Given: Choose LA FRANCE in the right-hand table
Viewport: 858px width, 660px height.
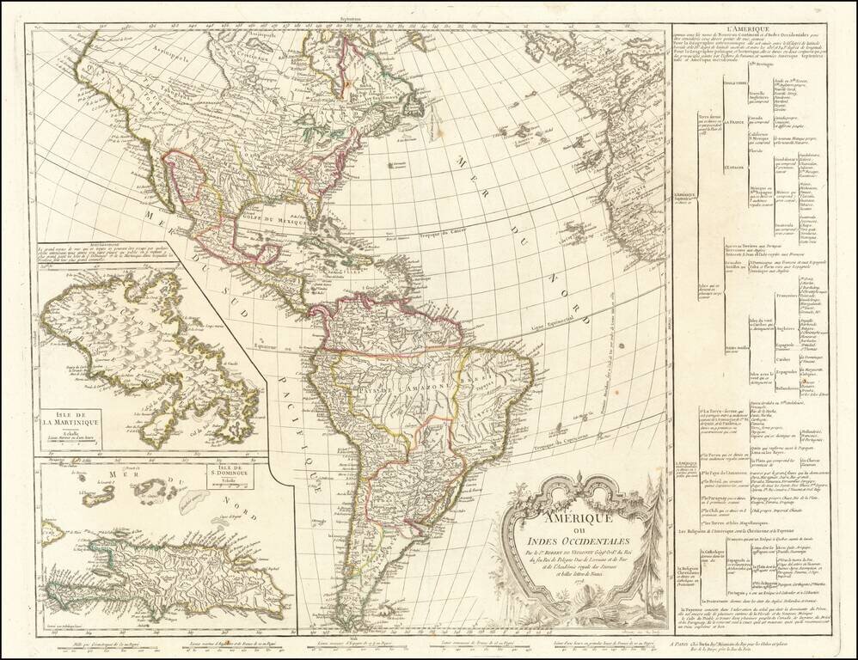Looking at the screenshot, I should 735,123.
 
